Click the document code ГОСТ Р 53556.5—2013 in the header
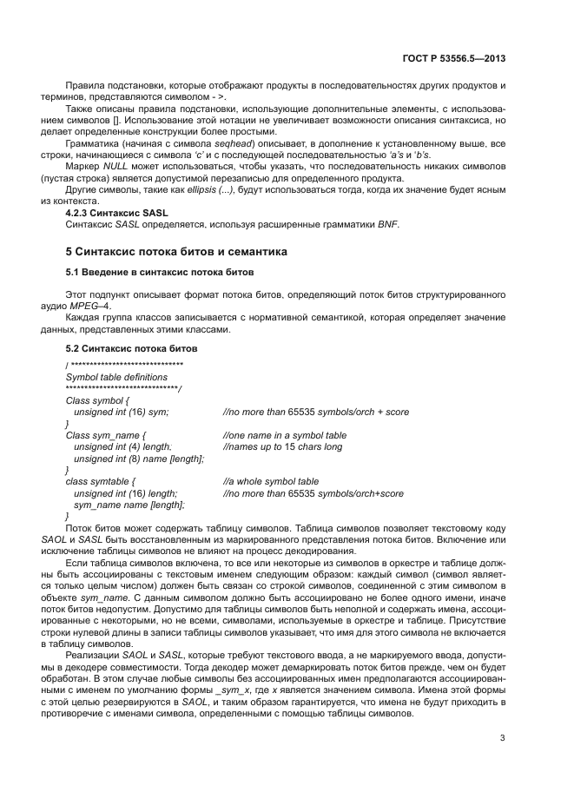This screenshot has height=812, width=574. pyautogui.click(x=454, y=60)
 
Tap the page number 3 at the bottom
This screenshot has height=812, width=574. pyautogui.click(x=503, y=739)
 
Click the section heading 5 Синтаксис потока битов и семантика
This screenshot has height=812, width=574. pyautogui.click(x=179, y=252)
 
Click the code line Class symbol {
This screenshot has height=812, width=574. pyautogui.click(x=97, y=400)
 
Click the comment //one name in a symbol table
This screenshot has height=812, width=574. pyautogui.click(x=284, y=435)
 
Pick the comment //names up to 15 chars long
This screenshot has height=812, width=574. pyautogui.click(x=282, y=446)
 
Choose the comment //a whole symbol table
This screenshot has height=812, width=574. pyautogui.click(x=270, y=481)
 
